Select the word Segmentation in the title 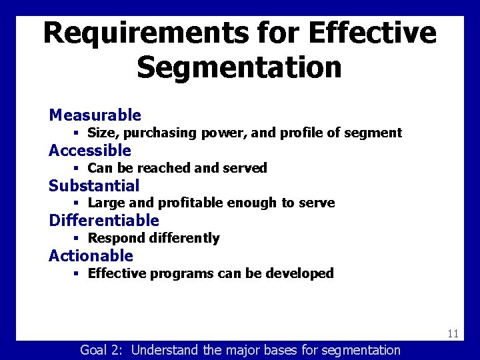pyautogui.click(x=239, y=67)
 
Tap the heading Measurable pyautogui.click(x=95, y=115)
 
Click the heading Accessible pyautogui.click(x=90, y=151)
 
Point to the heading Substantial pyautogui.click(x=94, y=186)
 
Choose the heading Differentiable pyautogui.click(x=104, y=221)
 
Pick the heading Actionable pyautogui.click(x=91, y=256)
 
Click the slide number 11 pyautogui.click(x=453, y=334)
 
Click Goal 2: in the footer pyautogui.click(x=103, y=350)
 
